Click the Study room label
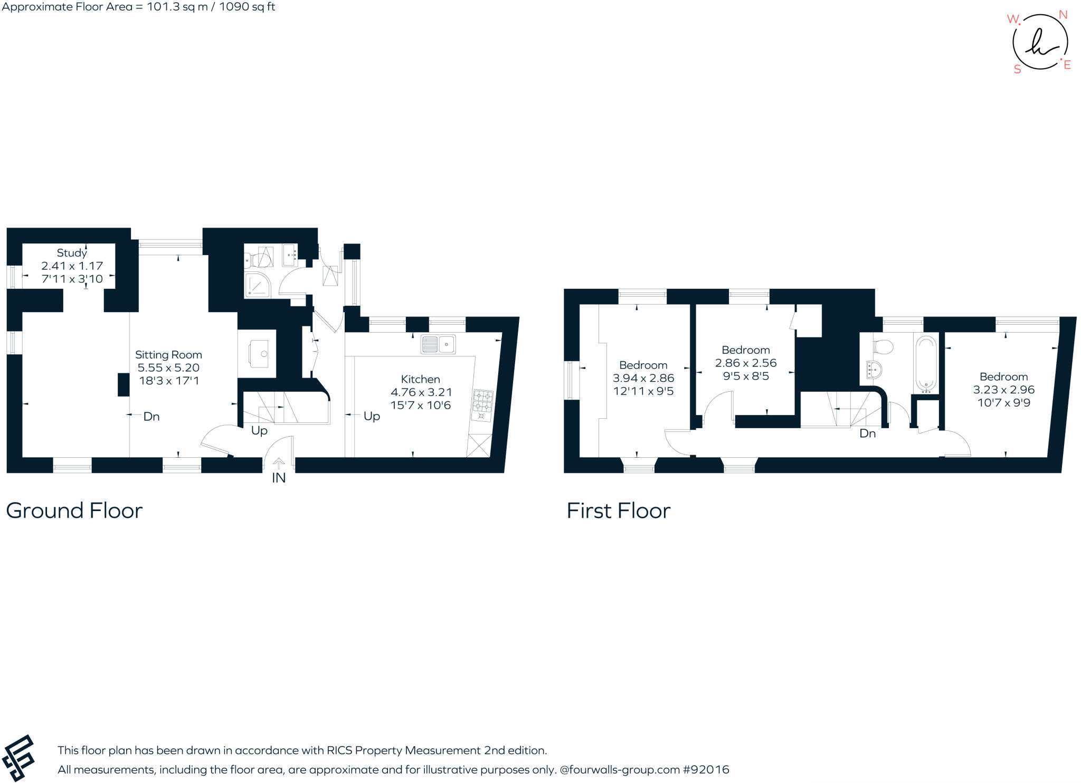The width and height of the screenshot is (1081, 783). coord(72,253)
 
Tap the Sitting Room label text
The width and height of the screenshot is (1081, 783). coord(168,355)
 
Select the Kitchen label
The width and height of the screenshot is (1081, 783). coord(420,379)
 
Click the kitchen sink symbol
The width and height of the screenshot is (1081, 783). coord(438,345)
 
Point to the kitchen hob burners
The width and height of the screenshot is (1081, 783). coord(483,401)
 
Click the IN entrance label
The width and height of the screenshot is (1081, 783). coord(278,478)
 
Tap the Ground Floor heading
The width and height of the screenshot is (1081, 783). coord(74,511)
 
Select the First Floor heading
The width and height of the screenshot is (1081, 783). coord(618,511)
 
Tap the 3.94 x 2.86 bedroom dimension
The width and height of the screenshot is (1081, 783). coord(643,378)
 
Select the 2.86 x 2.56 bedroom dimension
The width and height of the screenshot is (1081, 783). coord(745,363)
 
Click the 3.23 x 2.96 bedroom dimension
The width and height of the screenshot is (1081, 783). coord(1003,390)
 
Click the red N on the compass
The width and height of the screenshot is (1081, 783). coord(1063,15)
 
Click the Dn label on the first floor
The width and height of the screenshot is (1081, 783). coord(867,433)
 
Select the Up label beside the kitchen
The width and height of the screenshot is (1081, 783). coord(372,416)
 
